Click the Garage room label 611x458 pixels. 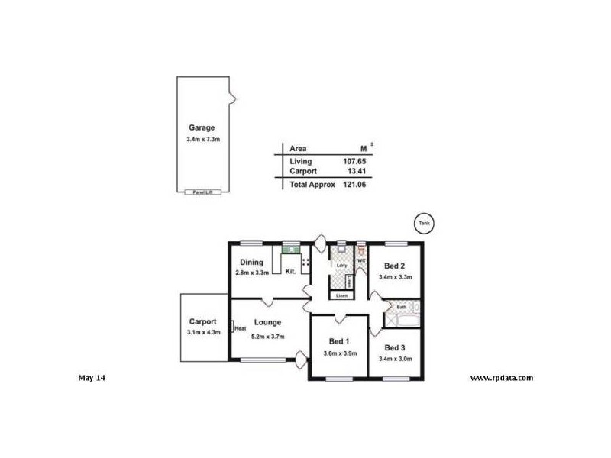pos(202,127)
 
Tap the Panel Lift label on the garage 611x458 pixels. pos(202,192)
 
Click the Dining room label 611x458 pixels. pos(251,263)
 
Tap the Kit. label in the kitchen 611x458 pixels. pos(290,271)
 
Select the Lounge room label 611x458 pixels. pos(268,322)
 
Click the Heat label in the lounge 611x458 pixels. pos(240,328)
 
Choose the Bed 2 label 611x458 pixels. pos(395,266)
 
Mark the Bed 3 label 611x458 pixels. pos(395,348)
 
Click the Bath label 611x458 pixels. pos(401,308)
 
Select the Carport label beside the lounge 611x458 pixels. pos(202,321)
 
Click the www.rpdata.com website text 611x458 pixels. pos(501,378)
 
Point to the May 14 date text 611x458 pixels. pos(92,378)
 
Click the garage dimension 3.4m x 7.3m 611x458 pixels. pos(202,140)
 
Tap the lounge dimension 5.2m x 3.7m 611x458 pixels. pos(268,335)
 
